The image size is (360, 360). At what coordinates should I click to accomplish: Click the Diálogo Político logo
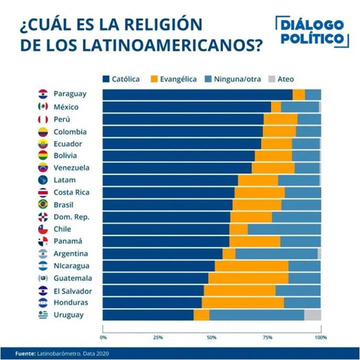point(311,32)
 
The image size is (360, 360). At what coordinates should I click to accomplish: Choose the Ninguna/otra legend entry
point(232,79)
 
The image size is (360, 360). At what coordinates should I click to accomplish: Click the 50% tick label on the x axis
point(212,337)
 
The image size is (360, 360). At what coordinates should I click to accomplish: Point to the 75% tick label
point(266,337)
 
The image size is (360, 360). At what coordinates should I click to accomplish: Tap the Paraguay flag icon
point(43,94)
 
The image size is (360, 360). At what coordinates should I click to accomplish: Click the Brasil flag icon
point(43,204)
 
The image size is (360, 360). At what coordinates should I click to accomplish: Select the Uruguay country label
point(69,314)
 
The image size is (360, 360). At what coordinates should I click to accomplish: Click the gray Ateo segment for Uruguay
point(312,315)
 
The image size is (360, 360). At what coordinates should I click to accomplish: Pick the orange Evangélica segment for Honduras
point(242,302)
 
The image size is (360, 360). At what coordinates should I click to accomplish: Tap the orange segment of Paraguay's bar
point(298,94)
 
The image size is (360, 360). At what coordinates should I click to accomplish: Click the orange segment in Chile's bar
point(238,229)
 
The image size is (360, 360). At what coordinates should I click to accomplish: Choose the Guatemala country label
point(70,278)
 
